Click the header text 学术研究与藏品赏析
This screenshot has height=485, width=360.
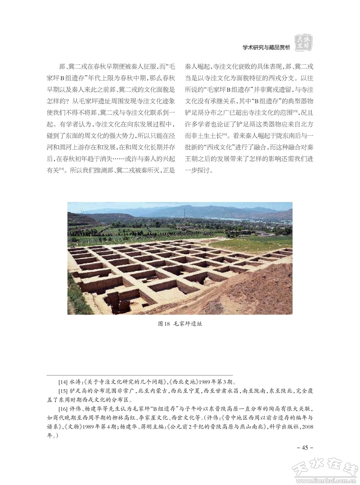[x=266, y=48]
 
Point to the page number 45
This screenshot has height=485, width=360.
[x=305, y=447]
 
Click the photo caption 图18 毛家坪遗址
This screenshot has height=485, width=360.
[x=180, y=324]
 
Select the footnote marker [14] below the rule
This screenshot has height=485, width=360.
[x=63, y=381]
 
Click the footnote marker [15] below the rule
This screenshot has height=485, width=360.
[x=63, y=391]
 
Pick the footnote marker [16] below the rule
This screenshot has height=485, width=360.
[x=63, y=409]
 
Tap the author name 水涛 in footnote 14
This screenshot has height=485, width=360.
[x=76, y=381]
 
